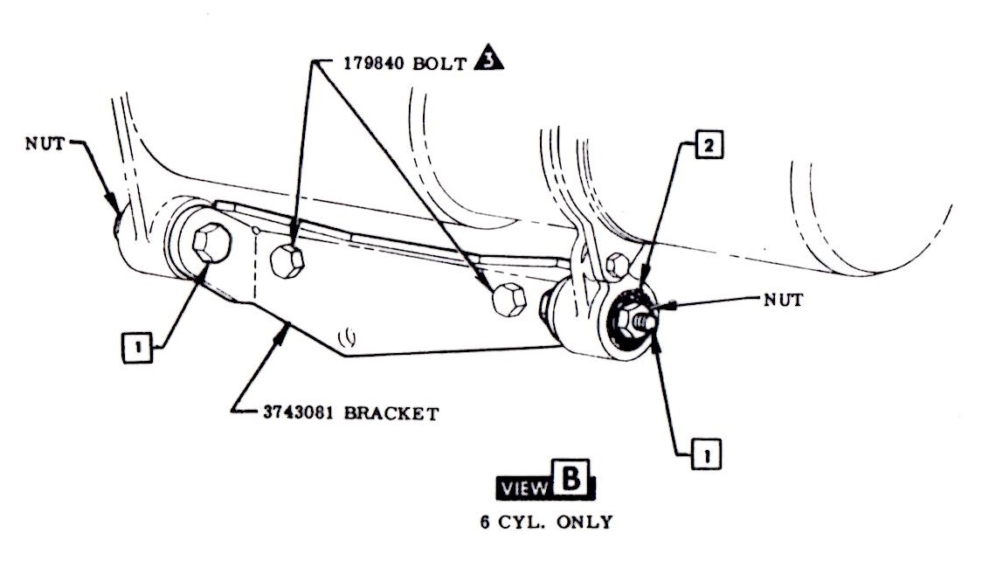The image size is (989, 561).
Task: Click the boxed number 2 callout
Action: click(709, 147)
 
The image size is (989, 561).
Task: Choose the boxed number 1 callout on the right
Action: click(705, 454)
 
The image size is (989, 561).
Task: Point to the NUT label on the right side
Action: click(783, 299)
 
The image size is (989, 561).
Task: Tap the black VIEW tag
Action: click(521, 488)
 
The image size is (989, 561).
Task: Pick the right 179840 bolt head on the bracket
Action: click(508, 300)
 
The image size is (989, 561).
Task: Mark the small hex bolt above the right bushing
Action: click(617, 261)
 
